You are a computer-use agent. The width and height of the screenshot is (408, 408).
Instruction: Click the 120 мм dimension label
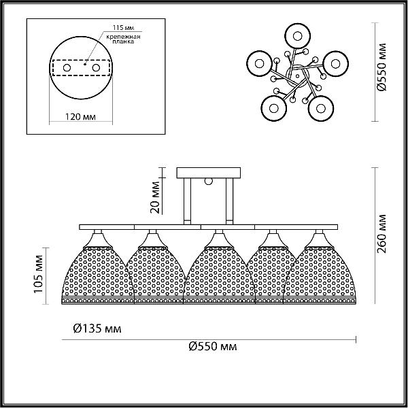tap(80, 116)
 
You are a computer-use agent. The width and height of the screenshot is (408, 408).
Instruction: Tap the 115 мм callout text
tap(123, 28)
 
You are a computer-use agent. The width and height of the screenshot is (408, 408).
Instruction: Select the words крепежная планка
tap(123, 39)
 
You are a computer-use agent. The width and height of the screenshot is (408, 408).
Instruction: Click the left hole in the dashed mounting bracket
tap(67, 68)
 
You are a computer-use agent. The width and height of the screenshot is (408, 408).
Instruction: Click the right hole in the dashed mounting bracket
tap(96, 68)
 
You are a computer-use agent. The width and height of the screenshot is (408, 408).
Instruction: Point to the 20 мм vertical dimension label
tap(155, 197)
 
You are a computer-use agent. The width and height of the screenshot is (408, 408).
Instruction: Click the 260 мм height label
tap(381, 234)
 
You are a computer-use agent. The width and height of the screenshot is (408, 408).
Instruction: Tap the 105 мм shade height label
tap(39, 274)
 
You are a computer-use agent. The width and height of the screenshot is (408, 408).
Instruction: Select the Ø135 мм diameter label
tap(97, 328)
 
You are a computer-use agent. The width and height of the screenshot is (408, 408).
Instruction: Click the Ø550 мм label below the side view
tap(213, 346)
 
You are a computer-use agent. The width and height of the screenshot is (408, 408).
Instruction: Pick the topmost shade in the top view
tap(297, 36)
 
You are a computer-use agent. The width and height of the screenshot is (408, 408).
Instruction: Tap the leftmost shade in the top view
tap(260, 63)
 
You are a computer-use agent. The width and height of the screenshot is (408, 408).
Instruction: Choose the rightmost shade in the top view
tap(335, 63)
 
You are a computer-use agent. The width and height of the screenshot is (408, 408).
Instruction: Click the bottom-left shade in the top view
tap(274, 108)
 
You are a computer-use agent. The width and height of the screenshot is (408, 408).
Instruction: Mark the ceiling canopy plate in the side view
tap(209, 173)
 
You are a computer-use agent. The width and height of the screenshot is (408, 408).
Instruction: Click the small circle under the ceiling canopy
tap(209, 181)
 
